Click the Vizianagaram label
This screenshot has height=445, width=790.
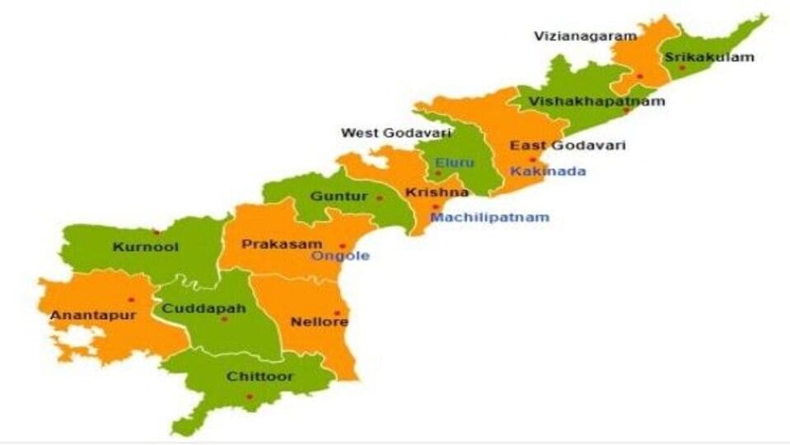pyautogui.click(x=585, y=36)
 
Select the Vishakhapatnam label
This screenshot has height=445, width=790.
pyautogui.click(x=596, y=101)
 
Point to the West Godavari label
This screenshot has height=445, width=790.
pyautogui.click(x=395, y=133)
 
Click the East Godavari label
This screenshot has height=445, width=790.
pyautogui.click(x=568, y=146)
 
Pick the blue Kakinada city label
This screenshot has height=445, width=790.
pyautogui.click(x=548, y=171)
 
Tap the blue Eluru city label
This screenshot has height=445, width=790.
pyautogui.click(x=455, y=162)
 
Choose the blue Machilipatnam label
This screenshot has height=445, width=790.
pyautogui.click(x=489, y=218)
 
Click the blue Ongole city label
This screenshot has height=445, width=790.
pyautogui.click(x=340, y=256)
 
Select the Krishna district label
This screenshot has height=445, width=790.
pyautogui.click(x=436, y=193)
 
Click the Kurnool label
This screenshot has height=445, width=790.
pyautogui.click(x=145, y=246)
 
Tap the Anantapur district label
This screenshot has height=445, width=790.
pyautogui.click(x=82, y=315)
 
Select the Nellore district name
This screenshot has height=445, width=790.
pyautogui.click(x=319, y=321)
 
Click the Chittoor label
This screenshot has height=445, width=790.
pyautogui.click(x=259, y=377)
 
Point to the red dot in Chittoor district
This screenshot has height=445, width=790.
pyautogui.click(x=249, y=396)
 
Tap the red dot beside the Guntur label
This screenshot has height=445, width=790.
pyautogui.click(x=379, y=198)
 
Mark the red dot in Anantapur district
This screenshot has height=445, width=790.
pyautogui.click(x=131, y=300)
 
